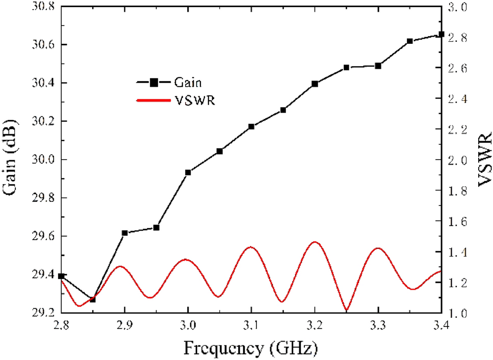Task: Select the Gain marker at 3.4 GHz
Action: tap(442, 34)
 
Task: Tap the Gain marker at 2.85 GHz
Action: tap(92, 299)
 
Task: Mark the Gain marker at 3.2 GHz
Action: tap(315, 84)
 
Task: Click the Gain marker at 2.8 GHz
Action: tap(61, 276)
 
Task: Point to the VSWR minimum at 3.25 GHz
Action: tap(347, 310)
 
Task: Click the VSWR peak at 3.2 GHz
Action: tap(315, 242)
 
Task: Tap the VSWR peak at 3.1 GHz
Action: tap(251, 247)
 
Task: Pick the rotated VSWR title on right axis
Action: tap(484, 160)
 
